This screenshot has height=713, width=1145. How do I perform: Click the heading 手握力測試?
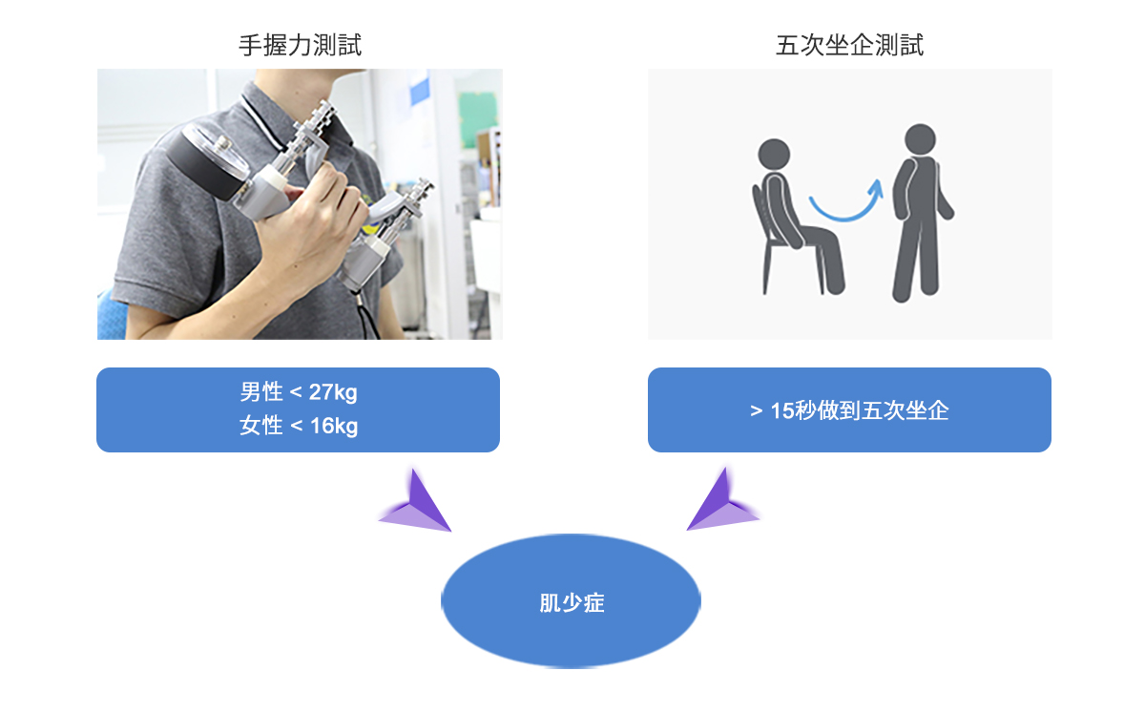pyautogui.click(x=300, y=45)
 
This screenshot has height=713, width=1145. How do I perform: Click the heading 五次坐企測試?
pyautogui.click(x=849, y=45)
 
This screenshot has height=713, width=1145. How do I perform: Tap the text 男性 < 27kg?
pyautogui.click(x=299, y=392)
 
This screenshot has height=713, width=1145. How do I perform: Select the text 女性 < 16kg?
pyautogui.click(x=299, y=426)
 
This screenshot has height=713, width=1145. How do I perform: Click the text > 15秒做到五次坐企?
pyautogui.click(x=849, y=410)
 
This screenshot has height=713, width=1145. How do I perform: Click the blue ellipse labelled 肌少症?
pyautogui.click(x=571, y=601)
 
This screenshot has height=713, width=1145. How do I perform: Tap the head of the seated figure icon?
pyautogui.click(x=773, y=153)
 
